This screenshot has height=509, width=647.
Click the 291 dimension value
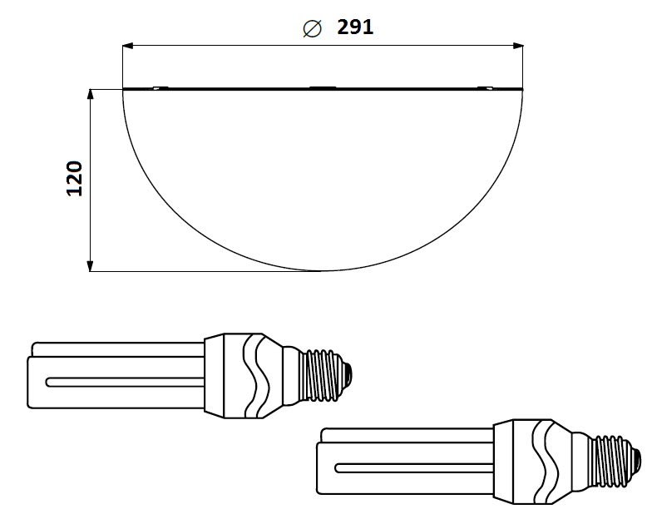click(355, 27)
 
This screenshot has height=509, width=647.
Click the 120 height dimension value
click(75, 178)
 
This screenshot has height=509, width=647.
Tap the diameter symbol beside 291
click(312, 28)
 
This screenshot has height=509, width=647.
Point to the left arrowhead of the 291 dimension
click(128, 46)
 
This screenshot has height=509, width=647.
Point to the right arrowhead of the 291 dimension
click(518, 46)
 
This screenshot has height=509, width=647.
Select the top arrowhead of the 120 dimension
click(91, 94)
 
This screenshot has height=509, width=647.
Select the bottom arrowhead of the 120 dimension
click(91, 266)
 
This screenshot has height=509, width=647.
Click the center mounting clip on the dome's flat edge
click(323, 87)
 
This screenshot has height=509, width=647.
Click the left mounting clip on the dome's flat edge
click(161, 87)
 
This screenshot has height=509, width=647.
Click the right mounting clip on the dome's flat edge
click(485, 87)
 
